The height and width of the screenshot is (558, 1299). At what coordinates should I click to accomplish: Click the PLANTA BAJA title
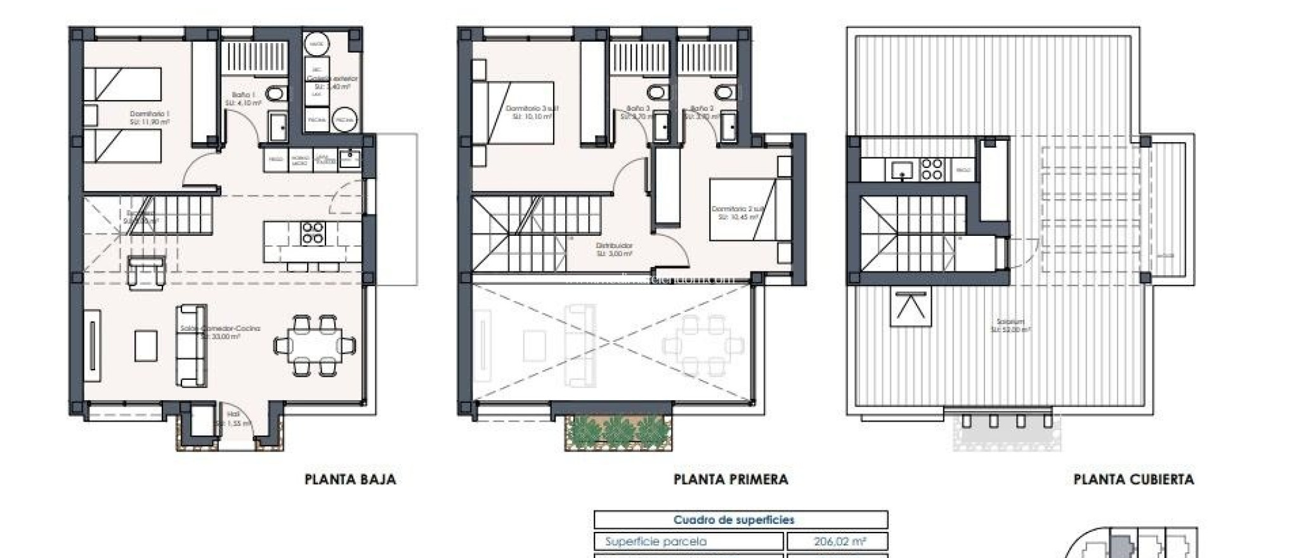[x=350, y=479]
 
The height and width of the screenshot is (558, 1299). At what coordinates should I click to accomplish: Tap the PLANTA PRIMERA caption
[x=731, y=479]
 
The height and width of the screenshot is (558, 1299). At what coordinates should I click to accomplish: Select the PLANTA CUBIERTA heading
[x=1133, y=479]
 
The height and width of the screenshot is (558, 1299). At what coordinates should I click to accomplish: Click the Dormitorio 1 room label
[x=150, y=117]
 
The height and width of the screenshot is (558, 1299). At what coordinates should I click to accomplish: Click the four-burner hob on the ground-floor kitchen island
[x=312, y=233]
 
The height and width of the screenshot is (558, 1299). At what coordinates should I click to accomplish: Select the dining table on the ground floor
[x=315, y=346]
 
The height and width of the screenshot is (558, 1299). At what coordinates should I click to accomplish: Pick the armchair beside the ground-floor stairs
[x=146, y=271]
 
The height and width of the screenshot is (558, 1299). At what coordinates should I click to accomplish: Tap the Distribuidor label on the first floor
[x=614, y=249]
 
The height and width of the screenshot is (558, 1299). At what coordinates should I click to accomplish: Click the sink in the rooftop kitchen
[x=901, y=170]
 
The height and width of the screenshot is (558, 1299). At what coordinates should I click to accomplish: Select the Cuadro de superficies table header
[x=734, y=520]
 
